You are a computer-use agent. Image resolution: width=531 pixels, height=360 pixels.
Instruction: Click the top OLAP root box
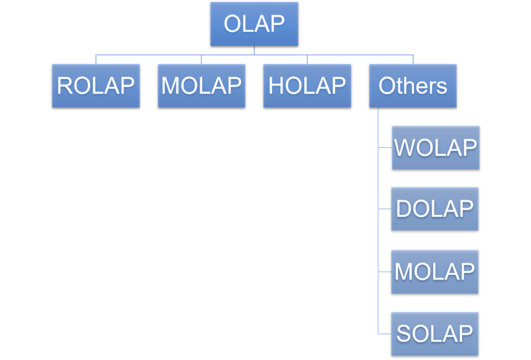click(x=254, y=24)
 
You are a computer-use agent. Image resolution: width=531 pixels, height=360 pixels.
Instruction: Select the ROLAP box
click(x=96, y=86)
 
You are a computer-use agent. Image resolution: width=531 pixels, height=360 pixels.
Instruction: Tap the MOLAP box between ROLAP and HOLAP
click(x=202, y=86)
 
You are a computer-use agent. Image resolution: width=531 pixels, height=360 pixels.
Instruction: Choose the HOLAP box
click(x=307, y=86)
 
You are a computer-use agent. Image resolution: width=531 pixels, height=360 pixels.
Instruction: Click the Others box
click(x=413, y=86)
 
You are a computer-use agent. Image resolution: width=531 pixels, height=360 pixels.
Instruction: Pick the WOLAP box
click(x=436, y=148)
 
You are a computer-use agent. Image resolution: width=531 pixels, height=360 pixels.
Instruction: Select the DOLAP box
click(x=435, y=209)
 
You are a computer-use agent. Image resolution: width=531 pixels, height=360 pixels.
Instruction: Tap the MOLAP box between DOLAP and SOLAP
click(x=435, y=271)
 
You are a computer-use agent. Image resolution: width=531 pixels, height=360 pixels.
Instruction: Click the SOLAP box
click(x=435, y=333)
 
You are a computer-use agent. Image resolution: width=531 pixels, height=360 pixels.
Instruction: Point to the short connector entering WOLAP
click(x=385, y=147)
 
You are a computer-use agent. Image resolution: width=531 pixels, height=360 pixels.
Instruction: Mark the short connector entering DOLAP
click(x=384, y=209)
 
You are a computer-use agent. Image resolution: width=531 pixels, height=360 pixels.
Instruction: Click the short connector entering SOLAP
click(x=384, y=334)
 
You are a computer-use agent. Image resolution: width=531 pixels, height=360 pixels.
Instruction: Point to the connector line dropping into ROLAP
click(x=96, y=59)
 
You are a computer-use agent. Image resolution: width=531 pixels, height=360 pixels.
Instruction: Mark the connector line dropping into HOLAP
click(x=307, y=59)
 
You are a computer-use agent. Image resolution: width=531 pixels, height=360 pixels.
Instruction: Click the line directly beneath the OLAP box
click(x=254, y=50)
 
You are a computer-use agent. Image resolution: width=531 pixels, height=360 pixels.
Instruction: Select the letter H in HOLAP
click(x=276, y=86)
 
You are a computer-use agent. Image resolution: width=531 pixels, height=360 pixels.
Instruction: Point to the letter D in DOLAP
click(x=403, y=209)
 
